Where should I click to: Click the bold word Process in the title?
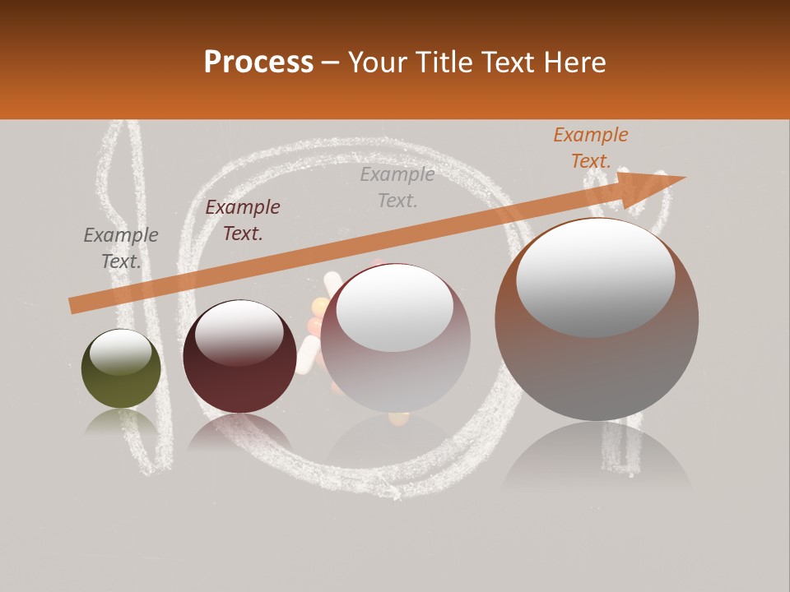[258, 62]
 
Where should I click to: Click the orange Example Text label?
[591, 148]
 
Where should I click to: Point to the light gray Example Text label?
[397, 187]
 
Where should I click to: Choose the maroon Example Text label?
[243, 220]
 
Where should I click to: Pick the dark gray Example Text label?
[121, 248]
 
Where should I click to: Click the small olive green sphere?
[121, 368]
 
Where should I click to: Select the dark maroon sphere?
[239, 357]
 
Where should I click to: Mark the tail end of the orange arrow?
[74, 305]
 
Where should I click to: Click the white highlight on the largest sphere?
[595, 277]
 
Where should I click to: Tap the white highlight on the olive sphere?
[120, 352]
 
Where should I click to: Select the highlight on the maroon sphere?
[239, 332]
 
